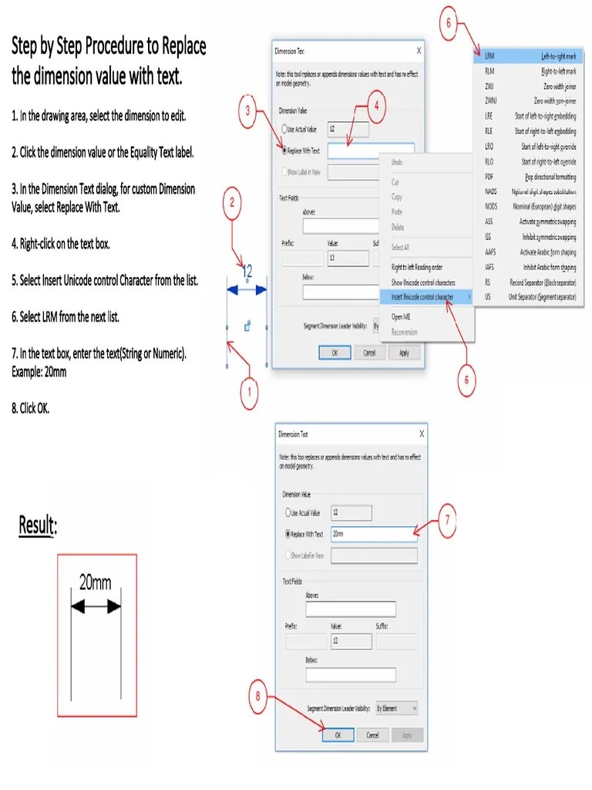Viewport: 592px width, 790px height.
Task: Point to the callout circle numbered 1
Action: [247, 395]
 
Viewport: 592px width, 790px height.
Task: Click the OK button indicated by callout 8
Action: [337, 735]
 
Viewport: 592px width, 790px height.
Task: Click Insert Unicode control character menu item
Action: [423, 296]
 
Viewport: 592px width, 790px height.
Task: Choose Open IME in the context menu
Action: [402, 317]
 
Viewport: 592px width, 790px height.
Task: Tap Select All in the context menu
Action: [400, 247]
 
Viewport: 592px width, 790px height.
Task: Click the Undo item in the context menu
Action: [397, 163]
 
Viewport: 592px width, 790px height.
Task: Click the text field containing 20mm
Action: [374, 534]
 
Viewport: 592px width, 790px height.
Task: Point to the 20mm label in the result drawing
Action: [96, 582]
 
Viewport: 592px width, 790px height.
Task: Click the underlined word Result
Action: [38, 526]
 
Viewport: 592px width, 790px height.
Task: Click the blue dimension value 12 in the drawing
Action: [247, 272]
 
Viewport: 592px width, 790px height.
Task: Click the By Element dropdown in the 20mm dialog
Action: [396, 707]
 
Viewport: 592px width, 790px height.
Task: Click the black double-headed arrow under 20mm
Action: [96, 608]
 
